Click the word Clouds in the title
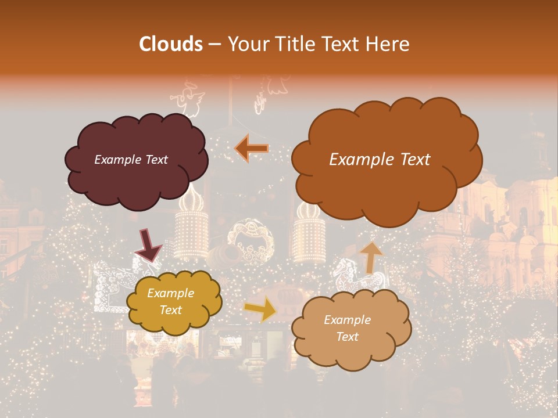(x=171, y=44)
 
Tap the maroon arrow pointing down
(x=149, y=245)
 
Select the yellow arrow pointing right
(x=260, y=309)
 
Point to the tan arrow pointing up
(x=371, y=257)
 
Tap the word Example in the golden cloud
(x=170, y=293)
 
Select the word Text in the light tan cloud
(x=348, y=337)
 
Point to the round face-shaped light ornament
(x=250, y=240)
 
